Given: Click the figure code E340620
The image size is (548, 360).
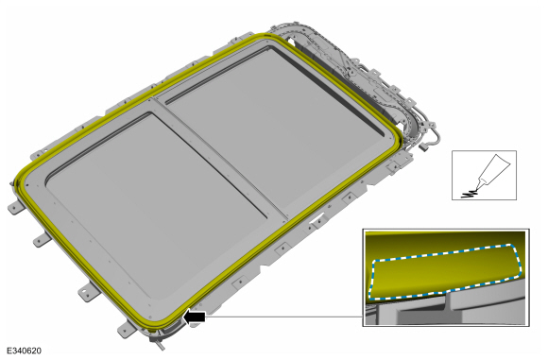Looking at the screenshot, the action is [24, 351].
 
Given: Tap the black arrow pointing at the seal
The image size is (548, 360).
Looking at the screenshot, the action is [194, 317].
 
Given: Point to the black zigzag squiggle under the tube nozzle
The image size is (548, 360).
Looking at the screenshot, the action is [469, 194].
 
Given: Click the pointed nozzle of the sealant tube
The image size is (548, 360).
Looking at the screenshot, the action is [479, 183].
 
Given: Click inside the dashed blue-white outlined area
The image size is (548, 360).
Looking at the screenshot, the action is [444, 272].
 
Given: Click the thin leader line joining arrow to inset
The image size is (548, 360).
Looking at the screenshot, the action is [283, 317].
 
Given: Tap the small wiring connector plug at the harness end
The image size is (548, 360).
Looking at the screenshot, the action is [423, 147].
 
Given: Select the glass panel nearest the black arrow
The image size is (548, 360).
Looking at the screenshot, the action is [154, 206].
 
